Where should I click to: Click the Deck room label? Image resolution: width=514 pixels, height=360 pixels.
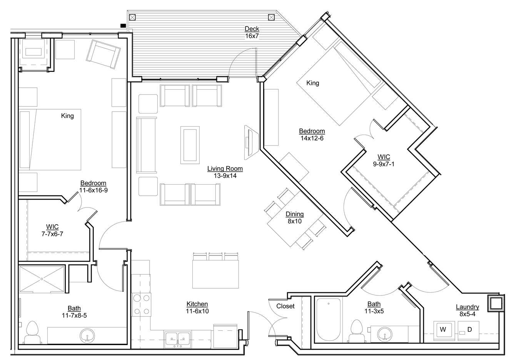[x=252, y=29]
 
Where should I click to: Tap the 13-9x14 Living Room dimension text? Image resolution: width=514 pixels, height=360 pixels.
[x=225, y=176]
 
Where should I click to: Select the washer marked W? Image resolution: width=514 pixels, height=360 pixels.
[x=443, y=330]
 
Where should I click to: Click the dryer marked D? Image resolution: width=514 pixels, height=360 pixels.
[x=469, y=330]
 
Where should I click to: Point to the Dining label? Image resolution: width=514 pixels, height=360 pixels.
[x=295, y=214]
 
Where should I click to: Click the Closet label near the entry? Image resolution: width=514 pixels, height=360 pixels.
[x=285, y=306]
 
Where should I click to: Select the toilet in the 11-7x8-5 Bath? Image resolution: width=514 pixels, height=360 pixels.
[x=33, y=332]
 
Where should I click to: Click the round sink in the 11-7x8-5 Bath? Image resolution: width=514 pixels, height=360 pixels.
[x=87, y=335]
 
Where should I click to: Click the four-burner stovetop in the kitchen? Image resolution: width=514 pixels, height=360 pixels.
[x=141, y=305]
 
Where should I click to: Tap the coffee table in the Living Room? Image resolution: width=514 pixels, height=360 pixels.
[x=190, y=145]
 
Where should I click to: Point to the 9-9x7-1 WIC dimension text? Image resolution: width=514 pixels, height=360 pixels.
[x=384, y=164]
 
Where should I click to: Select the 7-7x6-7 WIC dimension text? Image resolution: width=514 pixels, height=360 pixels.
[x=52, y=234]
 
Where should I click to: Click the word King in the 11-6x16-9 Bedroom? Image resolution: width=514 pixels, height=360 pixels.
[x=67, y=116]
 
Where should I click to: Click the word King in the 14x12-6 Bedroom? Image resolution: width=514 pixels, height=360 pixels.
[x=313, y=83]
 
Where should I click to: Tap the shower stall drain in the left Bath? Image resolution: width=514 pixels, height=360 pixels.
[x=42, y=279]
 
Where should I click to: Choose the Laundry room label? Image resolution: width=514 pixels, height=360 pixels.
[x=467, y=307]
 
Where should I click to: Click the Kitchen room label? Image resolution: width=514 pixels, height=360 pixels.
[x=197, y=304]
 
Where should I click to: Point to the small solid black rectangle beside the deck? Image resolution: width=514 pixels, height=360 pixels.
[x=123, y=26]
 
